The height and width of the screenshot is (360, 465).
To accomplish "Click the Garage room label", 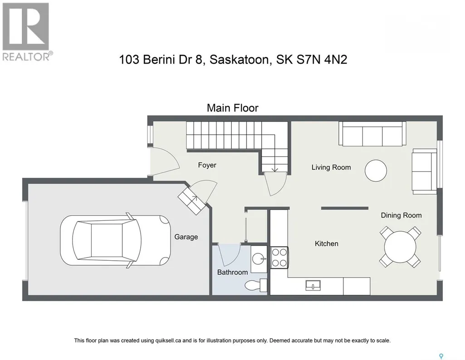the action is pos(186,237).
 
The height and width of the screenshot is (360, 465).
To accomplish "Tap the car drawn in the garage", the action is pos(115,240).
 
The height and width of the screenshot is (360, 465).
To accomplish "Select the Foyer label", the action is pos(207,165).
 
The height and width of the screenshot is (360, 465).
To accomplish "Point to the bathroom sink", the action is pos(259,259).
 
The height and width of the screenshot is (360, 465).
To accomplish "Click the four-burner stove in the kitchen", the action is pos(279,258).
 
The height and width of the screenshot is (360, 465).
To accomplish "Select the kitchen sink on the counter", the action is pos(313,286).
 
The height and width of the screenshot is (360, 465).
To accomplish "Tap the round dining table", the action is pos(400,247).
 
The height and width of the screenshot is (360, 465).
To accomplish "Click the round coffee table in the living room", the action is pos(376,170).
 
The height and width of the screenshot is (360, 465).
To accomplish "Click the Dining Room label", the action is pos(401,215).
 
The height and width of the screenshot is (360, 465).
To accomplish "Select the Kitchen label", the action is pos(326,243).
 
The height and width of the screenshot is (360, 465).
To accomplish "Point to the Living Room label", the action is pos(331,167).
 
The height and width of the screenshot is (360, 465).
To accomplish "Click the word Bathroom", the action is pos(232,272).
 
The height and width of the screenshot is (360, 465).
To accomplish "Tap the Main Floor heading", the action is pos(232,108).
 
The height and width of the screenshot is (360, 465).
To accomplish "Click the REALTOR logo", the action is pos(27,31).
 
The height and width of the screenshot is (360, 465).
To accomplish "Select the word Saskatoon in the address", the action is pos(240,60).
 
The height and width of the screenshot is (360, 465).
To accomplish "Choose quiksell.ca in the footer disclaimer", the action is pos(168,341).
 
